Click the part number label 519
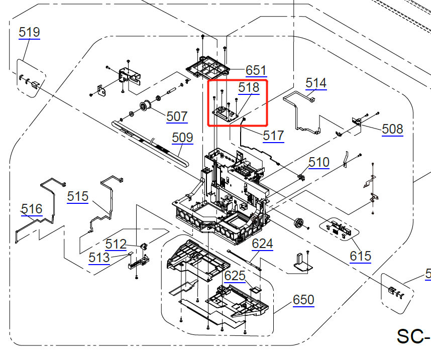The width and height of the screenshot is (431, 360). pyautogui.click(x=29, y=33)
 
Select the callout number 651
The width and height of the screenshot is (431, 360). pyautogui.click(x=256, y=70)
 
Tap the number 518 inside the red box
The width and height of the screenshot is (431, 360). pyautogui.click(x=249, y=88)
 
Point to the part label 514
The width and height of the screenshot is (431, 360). pyautogui.click(x=315, y=83)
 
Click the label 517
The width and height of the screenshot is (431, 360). pyautogui.click(x=273, y=136)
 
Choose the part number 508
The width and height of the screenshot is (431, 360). pyautogui.click(x=392, y=130)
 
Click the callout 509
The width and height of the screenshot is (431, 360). pyautogui.click(x=182, y=138)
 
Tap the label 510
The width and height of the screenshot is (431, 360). pyautogui.click(x=319, y=162)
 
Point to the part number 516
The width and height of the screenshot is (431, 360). pyautogui.click(x=32, y=209)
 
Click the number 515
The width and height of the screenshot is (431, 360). pyautogui.click(x=78, y=196)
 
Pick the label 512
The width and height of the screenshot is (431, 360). pyautogui.click(x=116, y=245)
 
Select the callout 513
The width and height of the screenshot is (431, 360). pyautogui.click(x=99, y=258)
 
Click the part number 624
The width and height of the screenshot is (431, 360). pyautogui.click(x=262, y=244)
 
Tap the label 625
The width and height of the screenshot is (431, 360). pyautogui.click(x=235, y=276)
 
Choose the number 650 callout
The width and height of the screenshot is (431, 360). pyautogui.click(x=303, y=300)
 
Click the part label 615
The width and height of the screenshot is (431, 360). pyautogui.click(x=360, y=257)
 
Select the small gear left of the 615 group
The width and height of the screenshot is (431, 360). pyautogui.click(x=300, y=223)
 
